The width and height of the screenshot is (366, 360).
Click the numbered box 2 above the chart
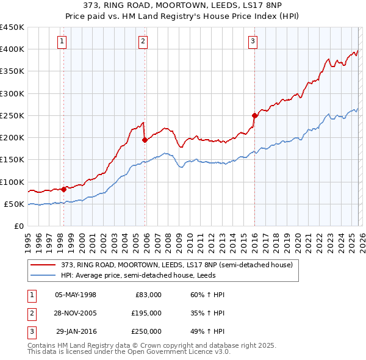(143, 41)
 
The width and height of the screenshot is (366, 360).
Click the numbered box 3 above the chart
(253, 41)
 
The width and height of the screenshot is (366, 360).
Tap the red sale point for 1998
(64, 189)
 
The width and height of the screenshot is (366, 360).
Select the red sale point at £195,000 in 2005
(145, 140)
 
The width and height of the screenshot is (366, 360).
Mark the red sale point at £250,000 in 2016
(254, 115)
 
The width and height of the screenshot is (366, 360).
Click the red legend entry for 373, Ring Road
(177, 265)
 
